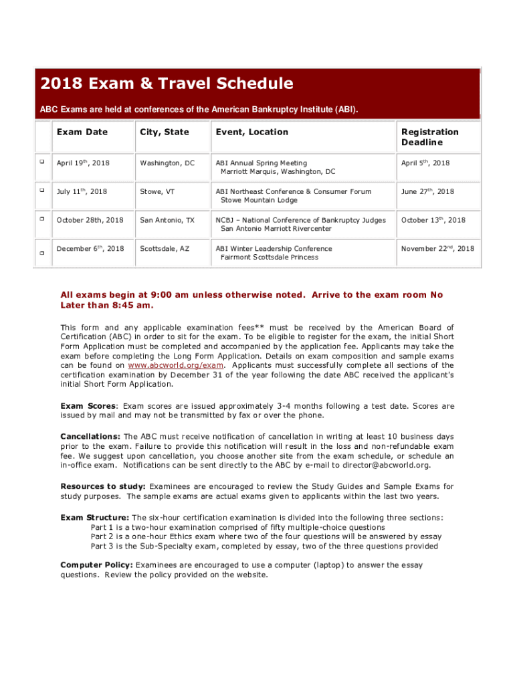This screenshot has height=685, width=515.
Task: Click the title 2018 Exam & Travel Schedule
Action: pos(167,84)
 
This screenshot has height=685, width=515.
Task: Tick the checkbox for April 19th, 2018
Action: pos(41,162)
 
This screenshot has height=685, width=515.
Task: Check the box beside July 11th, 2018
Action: pos(41,190)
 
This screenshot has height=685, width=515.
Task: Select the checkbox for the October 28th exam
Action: pos(41,219)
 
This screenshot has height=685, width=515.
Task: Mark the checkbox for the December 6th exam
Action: pos(41,254)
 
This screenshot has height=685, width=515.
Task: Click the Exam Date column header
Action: pos(82,132)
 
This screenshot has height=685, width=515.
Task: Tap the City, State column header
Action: pos(164,132)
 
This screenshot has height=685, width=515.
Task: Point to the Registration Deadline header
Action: pos(429,137)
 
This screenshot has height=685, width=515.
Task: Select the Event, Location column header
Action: pos(251,132)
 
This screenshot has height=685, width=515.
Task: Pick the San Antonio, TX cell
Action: pos(167,220)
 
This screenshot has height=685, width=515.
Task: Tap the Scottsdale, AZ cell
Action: pos(165,249)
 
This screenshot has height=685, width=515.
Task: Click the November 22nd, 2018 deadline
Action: pos(437,249)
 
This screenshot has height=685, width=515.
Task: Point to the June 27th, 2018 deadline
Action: pos(427,191)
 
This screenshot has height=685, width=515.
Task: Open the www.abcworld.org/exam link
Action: pos(175,366)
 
